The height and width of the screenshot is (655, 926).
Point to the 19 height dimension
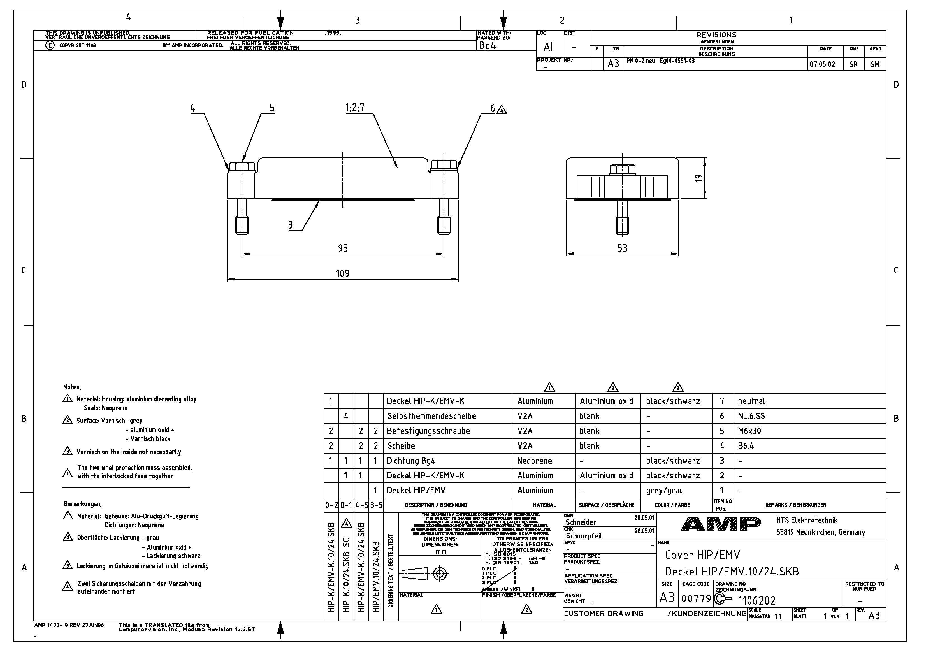[x=698, y=178]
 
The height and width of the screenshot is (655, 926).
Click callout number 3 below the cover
[x=290, y=225]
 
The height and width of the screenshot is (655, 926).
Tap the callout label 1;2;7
[x=355, y=107]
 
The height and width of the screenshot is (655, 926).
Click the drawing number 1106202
[x=756, y=601]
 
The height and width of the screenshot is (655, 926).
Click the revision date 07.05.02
[x=822, y=64]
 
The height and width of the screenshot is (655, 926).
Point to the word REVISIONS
[x=716, y=35]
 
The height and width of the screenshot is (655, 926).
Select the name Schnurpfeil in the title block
[x=584, y=536]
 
